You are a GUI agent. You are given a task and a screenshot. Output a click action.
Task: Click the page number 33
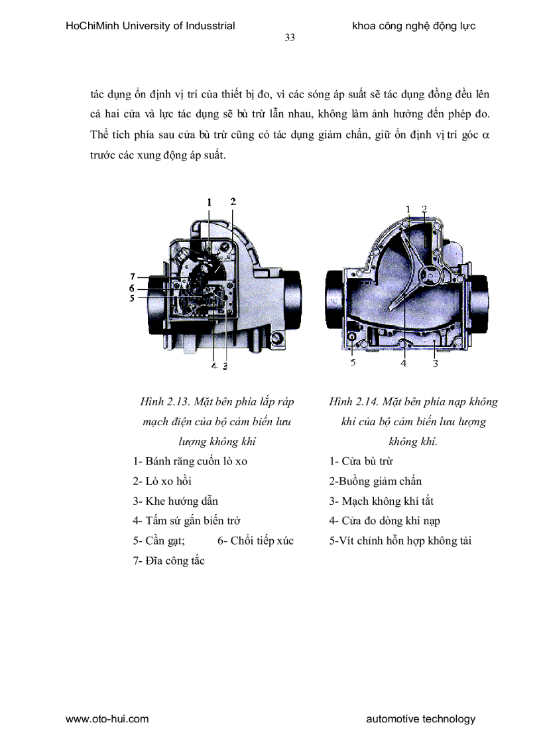pos(290,38)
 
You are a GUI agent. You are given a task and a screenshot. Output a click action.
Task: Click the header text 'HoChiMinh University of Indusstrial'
pos(150,27)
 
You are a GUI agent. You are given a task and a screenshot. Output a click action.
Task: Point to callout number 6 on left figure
pos(133,288)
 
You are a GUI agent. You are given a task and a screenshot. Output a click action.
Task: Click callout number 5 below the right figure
pos(353,362)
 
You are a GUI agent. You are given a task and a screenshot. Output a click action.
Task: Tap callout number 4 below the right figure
pos(403,362)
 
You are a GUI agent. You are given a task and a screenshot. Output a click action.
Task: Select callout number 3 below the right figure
pos(435,362)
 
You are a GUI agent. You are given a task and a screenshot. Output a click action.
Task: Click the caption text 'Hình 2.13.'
pos(164,401)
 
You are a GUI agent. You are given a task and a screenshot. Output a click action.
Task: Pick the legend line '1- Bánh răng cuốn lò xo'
pos(190,461)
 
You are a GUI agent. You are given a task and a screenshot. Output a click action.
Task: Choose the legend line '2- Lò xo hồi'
pos(162,481)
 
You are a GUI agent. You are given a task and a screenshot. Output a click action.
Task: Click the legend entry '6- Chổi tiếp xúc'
pos(255,541)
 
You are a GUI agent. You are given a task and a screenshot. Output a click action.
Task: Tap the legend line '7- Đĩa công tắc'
pos(168,561)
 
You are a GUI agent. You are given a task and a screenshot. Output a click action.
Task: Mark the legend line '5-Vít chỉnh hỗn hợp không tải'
pos(400,541)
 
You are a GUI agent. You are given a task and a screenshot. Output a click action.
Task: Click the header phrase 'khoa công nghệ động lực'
pos(414,27)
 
